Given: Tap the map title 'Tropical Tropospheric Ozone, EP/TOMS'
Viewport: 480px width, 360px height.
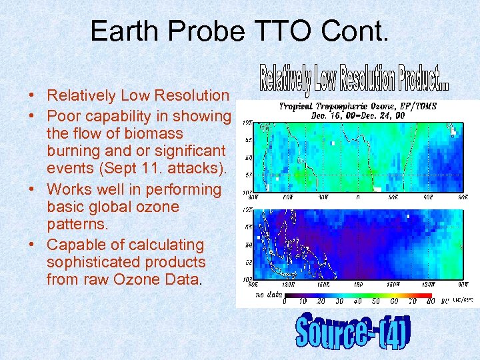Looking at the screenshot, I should pyautogui.click(x=357, y=106).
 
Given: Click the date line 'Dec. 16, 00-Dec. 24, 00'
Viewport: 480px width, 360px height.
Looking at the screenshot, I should pyautogui.click(x=357, y=115).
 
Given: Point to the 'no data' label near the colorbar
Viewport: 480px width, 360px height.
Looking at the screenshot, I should pyautogui.click(x=269, y=293).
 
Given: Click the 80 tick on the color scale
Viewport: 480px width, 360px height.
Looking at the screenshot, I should pyautogui.click(x=431, y=301).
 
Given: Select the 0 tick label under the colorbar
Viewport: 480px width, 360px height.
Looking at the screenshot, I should pyautogui.click(x=285, y=301).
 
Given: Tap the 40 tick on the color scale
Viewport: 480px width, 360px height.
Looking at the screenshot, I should pyautogui.click(x=358, y=301).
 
